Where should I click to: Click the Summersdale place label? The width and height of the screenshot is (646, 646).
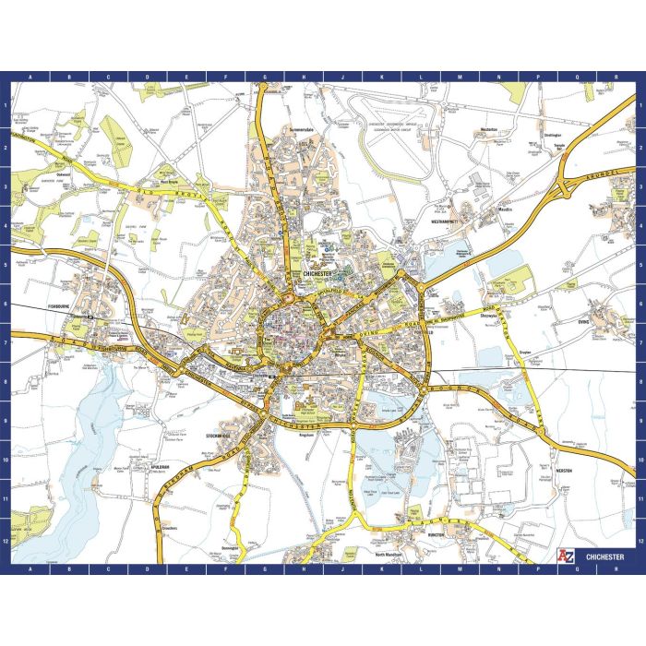click(302, 129)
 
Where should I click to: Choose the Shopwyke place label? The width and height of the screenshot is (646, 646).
click(491, 314)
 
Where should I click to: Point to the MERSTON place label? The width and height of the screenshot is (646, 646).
click(566, 471)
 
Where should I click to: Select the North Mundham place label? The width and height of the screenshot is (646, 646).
click(391, 555)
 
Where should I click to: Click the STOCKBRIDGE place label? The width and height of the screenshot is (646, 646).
click(222, 433)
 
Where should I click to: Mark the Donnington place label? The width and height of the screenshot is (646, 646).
click(231, 547)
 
